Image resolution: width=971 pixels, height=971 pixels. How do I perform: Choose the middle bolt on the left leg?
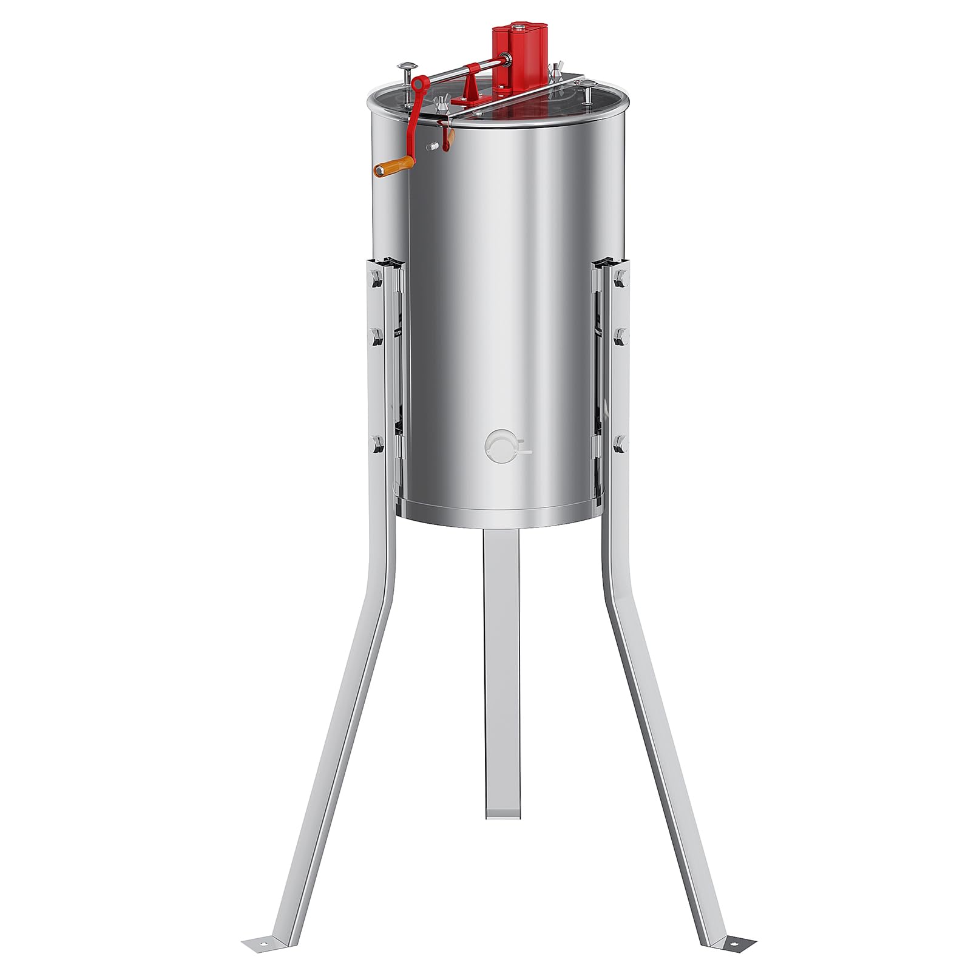click(375, 335)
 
